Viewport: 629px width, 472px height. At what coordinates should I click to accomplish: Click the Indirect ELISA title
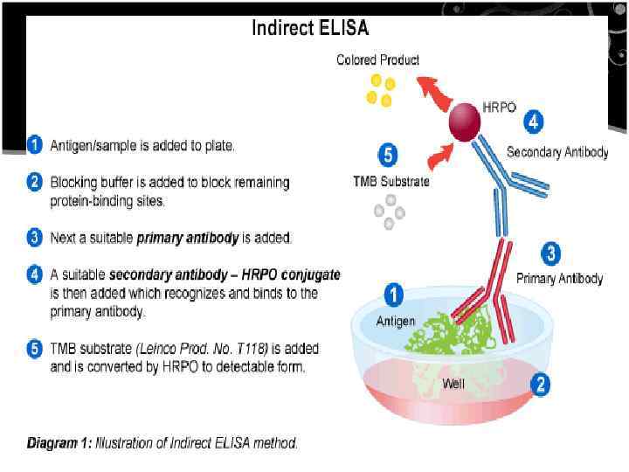[310, 28]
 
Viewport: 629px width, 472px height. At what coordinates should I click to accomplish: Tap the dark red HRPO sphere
[466, 123]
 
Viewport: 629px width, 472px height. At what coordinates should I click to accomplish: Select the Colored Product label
[377, 59]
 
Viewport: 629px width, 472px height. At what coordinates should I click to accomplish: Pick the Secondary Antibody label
[556, 152]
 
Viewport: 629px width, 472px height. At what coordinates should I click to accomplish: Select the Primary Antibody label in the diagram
[559, 279]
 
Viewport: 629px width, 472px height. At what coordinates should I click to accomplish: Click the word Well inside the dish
[453, 383]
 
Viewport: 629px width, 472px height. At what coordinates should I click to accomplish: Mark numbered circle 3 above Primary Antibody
[550, 254]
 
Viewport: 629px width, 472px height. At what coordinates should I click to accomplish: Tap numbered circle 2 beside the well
[540, 384]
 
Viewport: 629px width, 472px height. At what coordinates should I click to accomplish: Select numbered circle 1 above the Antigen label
[394, 295]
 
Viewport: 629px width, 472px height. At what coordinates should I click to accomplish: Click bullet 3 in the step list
[34, 237]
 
